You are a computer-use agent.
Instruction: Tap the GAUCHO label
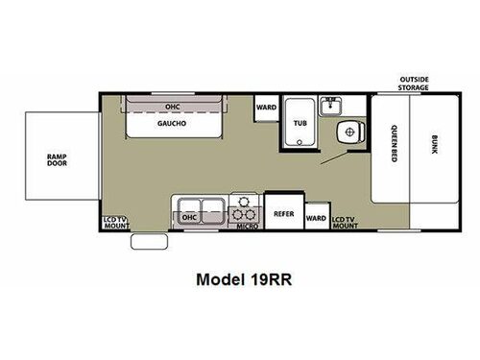tap(173, 124)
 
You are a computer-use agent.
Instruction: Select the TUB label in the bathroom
tap(300, 123)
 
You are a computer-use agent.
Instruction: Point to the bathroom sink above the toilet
tap(331, 104)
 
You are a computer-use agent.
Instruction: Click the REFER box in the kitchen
tap(283, 213)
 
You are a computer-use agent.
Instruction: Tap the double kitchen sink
tap(201, 204)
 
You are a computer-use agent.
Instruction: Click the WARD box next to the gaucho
tap(264, 108)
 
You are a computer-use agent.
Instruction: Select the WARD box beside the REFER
tap(316, 218)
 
